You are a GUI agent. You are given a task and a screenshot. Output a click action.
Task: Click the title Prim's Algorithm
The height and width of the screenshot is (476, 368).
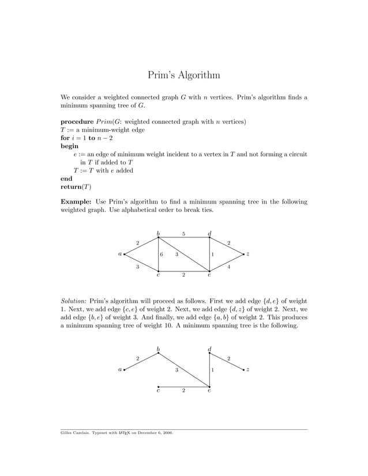click(183, 75)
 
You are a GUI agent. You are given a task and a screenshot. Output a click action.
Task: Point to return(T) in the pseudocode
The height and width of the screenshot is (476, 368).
click(76, 187)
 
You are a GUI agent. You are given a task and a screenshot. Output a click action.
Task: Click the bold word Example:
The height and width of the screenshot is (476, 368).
click(76, 202)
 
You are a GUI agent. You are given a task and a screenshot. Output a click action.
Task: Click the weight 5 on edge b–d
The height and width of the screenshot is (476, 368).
click(183, 234)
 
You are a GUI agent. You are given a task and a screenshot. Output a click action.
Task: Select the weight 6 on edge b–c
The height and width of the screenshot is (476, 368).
click(162, 254)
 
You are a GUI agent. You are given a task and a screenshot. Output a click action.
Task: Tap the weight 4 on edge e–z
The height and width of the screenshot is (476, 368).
click(229, 267)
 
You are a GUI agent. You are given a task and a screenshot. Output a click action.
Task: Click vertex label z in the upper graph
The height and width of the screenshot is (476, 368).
click(248, 254)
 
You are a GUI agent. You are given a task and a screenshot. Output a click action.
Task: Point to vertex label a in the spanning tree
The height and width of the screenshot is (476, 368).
click(120, 370)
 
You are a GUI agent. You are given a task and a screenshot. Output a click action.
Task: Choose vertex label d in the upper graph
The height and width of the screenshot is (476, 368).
click(209, 233)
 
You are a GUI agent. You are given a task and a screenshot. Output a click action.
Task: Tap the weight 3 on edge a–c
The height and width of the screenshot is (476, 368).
click(137, 267)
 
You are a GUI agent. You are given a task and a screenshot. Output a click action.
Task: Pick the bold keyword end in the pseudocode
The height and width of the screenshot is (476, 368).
click(67, 179)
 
